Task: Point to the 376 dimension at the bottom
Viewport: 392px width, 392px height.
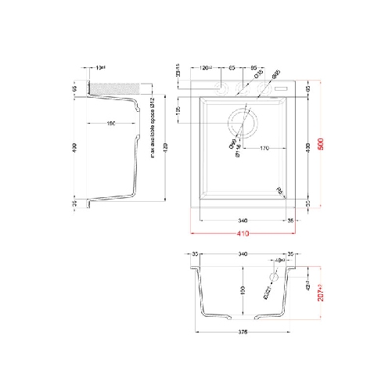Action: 243,335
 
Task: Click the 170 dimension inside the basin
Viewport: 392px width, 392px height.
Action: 264,147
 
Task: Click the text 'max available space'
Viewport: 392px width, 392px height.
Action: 153,130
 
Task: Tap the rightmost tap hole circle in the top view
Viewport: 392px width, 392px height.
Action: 266,89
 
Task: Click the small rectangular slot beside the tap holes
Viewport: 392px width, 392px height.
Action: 282,89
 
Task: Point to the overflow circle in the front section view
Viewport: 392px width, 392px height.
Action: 274,277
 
